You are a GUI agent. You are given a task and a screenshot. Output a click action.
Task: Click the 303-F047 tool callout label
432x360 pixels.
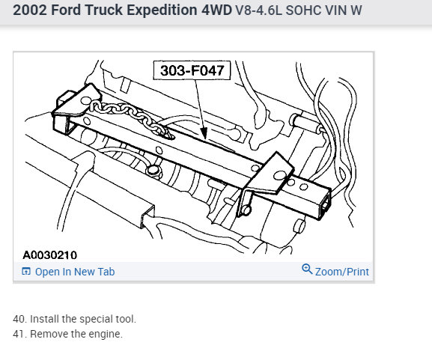click(192, 70)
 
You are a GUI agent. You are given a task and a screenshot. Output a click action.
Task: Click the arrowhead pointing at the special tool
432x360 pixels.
click(204, 133)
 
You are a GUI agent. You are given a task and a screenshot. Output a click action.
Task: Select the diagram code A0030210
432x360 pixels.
click(50, 255)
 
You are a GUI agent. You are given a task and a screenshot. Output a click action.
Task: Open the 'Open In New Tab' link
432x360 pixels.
click(75, 272)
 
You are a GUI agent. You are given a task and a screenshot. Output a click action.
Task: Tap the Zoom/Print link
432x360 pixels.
click(342, 272)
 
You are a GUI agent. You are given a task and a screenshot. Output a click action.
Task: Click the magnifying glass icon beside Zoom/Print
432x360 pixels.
click(307, 269)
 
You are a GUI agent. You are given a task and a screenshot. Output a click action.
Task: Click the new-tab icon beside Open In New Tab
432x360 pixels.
click(26, 271)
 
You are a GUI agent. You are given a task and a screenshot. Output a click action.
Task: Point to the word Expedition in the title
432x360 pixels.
click(162, 10)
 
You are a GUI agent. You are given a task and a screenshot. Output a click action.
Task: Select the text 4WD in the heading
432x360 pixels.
click(217, 10)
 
